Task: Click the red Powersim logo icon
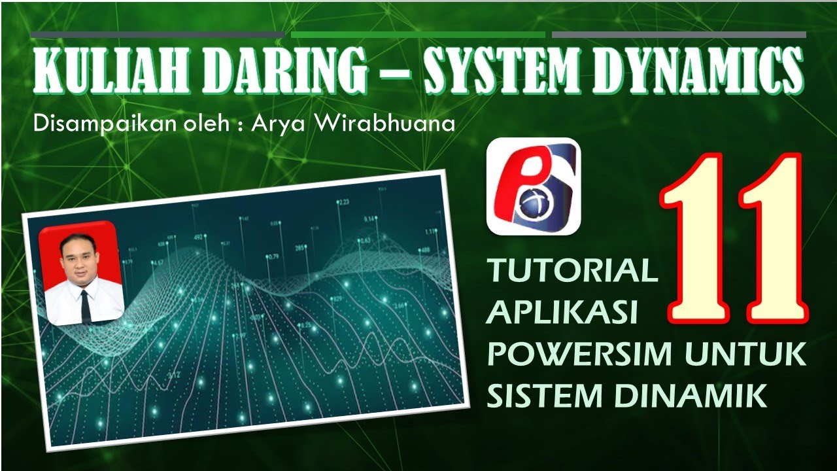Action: tap(534, 186)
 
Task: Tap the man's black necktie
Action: tap(85, 305)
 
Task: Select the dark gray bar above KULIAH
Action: tap(158, 35)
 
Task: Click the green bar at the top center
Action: tap(418, 35)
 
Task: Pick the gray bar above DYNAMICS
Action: tap(679, 35)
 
